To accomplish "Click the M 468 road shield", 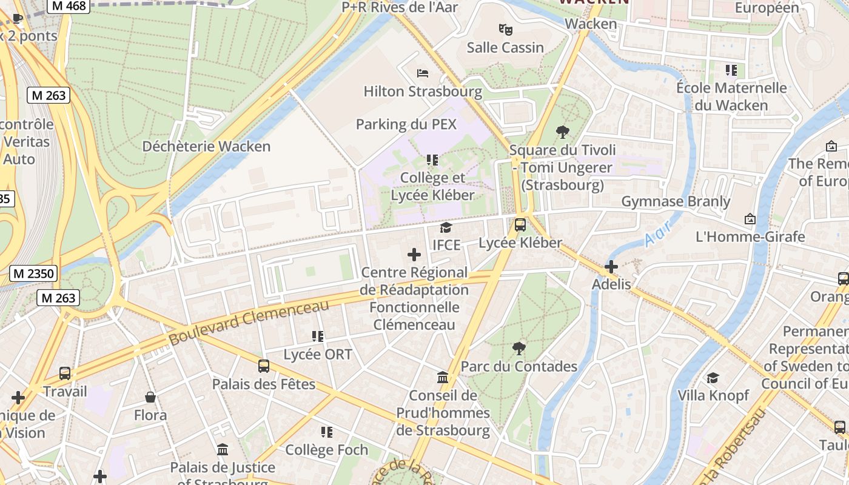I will tap(69, 5).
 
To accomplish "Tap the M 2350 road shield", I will tap(34, 273).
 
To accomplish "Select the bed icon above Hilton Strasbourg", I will tap(423, 73).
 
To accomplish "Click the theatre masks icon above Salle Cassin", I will tap(505, 28).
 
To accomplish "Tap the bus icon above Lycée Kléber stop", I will tap(520, 225).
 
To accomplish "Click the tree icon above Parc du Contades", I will tap(518, 348).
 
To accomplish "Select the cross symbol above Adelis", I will tap(611, 266).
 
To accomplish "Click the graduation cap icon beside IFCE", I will tap(446, 227).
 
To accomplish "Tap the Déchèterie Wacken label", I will tap(206, 146).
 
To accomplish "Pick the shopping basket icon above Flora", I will tap(150, 397).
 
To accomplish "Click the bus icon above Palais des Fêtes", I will tap(263, 366).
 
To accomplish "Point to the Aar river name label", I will tap(658, 233).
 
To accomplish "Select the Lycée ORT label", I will tap(318, 354).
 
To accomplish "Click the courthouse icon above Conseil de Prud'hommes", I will tap(443, 377).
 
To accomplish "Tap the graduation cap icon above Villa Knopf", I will tap(713, 377).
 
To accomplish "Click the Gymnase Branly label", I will tap(676, 201).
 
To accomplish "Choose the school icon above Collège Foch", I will tap(327, 432).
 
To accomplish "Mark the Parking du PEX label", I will tap(406, 124).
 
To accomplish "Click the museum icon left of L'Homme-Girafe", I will tap(750, 218).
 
